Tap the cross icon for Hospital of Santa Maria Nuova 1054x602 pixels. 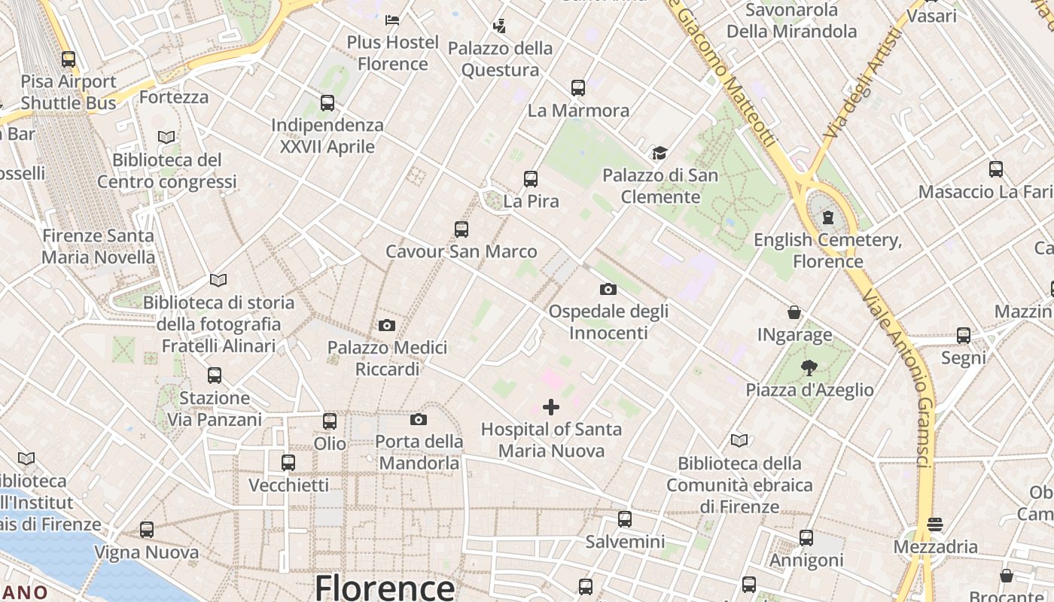pos(551,407)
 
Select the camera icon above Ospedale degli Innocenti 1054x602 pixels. pos(608,289)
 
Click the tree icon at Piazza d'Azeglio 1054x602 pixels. pos(809,368)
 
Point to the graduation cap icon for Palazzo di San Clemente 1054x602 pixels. pos(660,154)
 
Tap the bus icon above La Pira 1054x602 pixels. pos(531,179)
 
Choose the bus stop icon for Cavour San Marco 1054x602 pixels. pos(462,230)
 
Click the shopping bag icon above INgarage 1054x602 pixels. pos(794,312)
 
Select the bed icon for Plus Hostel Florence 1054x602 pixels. pos(392,20)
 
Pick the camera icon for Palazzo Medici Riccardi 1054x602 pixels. pos(387,326)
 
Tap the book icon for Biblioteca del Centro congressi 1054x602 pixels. pos(166,138)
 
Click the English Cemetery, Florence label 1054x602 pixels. pos(828,251)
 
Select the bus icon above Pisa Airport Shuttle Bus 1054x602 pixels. pos(69,59)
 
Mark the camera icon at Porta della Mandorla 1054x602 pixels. pos(419,420)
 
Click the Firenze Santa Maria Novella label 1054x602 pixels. pos(98,246)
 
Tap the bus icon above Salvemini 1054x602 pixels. pos(625,519)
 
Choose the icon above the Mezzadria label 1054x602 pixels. pos(935,524)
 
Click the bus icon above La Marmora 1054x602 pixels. pos(578,88)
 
